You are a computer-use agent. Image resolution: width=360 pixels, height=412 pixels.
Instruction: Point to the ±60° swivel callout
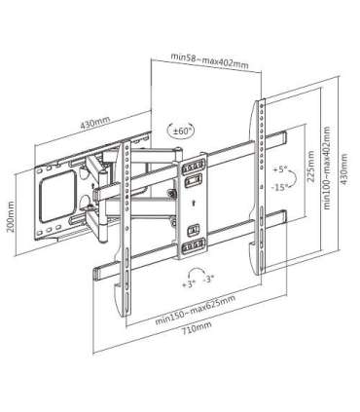click(181, 129)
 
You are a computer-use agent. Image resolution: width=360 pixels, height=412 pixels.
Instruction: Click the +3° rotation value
click(189, 281)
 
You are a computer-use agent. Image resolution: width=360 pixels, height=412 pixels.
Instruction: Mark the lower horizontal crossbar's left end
click(97, 270)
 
